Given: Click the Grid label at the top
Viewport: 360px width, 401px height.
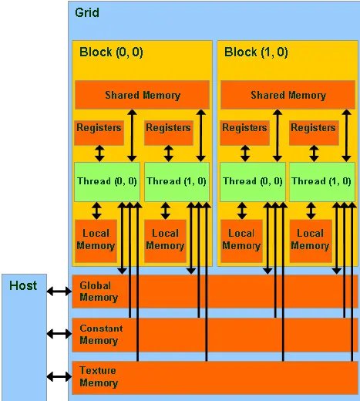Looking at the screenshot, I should tap(87, 13).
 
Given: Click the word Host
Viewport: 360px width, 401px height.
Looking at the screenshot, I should tap(23, 285).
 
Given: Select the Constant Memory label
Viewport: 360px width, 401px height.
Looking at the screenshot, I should tap(101, 334).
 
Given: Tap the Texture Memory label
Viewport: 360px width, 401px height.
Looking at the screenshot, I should tap(99, 376).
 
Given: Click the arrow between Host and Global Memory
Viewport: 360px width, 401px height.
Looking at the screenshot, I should tap(59, 291).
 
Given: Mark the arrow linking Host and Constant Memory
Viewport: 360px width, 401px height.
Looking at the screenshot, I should tap(59, 334).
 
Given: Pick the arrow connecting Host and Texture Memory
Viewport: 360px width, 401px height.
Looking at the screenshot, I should tap(59, 376).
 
